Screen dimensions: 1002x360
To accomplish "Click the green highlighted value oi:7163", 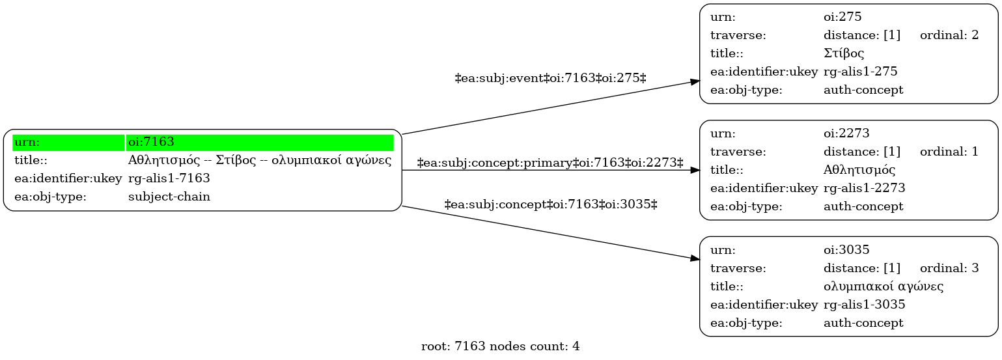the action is click(x=151, y=142).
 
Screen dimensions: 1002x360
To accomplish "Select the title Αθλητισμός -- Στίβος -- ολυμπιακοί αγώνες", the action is click(x=259, y=160).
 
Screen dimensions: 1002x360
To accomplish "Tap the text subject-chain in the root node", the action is click(x=169, y=197).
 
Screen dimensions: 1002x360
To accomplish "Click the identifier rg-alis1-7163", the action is click(x=169, y=178).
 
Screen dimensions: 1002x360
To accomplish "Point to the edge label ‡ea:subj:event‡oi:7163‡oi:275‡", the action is click(x=551, y=79).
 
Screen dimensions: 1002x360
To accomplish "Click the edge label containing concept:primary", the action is click(x=550, y=163).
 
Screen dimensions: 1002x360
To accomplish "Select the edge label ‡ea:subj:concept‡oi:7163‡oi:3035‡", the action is click(x=551, y=205).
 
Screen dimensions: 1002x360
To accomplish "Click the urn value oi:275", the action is click(x=842, y=17).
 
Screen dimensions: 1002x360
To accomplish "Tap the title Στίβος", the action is click(x=844, y=53).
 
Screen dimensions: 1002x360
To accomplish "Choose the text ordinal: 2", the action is click(x=949, y=35).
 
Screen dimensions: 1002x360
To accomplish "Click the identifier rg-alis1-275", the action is click(x=861, y=72).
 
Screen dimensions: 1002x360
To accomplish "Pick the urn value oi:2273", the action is click(x=846, y=133).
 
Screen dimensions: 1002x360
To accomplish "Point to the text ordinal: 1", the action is click(x=949, y=152).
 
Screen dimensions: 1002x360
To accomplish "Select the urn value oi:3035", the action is click(x=846, y=249).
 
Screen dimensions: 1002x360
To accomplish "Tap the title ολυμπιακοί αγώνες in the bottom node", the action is click(x=884, y=286).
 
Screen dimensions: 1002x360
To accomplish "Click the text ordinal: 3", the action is click(x=949, y=268).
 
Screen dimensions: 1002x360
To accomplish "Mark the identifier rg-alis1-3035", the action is click(x=864, y=305).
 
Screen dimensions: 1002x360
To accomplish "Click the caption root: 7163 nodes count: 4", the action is click(x=501, y=346).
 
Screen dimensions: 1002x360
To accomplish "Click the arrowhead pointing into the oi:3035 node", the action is click(x=695, y=258).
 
